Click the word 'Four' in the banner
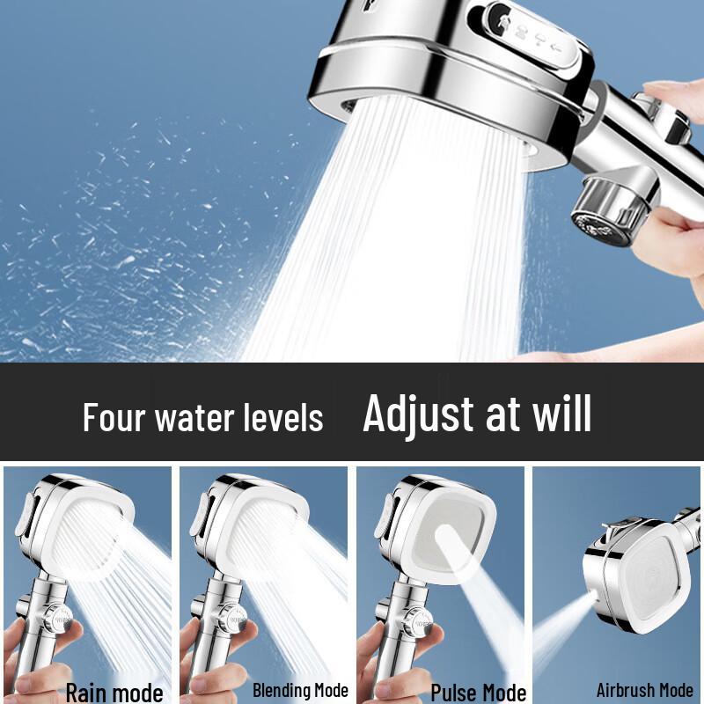[x=114, y=417]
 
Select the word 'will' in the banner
[x=559, y=414]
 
